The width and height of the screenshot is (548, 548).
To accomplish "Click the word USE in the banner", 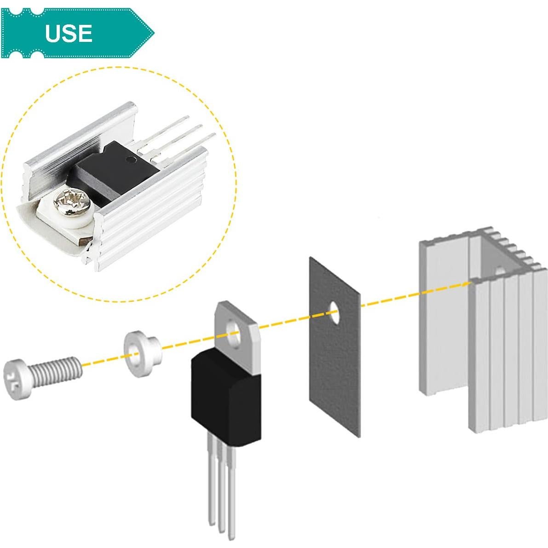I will (x=69, y=34).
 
